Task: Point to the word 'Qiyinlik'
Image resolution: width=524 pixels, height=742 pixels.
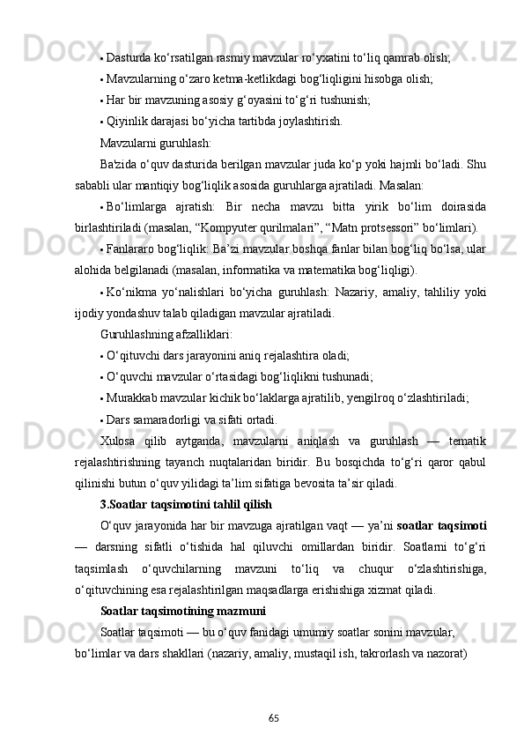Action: coord(127,121)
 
